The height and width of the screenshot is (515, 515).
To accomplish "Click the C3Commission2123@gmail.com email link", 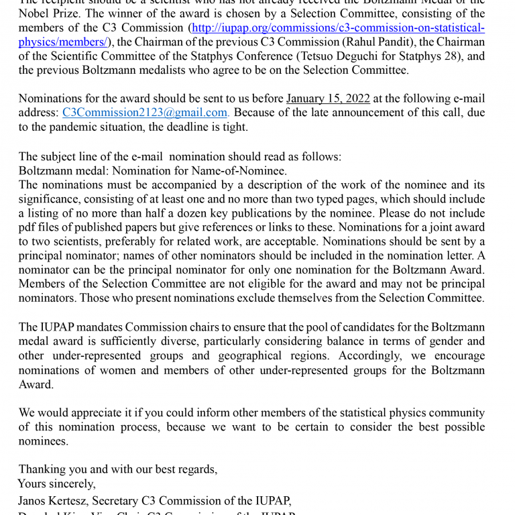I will click(145, 113).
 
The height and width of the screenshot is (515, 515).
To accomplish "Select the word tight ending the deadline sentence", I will click(234, 127).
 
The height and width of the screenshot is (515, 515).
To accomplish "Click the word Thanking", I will click(42, 469).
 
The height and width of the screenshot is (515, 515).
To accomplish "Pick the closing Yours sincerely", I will click(57, 483).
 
